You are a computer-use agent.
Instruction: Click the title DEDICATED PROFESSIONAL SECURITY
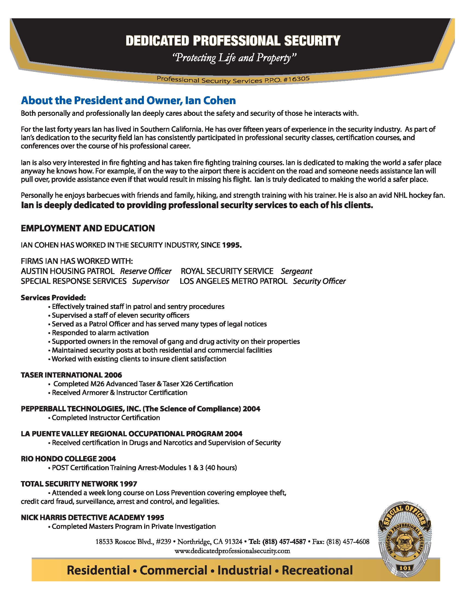coord(233,40)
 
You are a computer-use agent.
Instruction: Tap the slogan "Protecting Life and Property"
coord(234,58)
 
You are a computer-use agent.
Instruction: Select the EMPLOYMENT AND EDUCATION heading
coord(88,228)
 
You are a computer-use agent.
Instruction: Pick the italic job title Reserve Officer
coord(146,271)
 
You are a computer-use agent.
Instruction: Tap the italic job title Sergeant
coord(297,271)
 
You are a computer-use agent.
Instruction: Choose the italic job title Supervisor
coord(150,281)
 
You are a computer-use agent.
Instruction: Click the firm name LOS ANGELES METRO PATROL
coord(233,281)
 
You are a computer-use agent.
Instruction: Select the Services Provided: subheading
coord(53,298)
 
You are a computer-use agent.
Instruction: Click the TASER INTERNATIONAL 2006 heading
coord(71,375)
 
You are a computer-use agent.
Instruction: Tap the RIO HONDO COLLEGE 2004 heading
coord(68,459)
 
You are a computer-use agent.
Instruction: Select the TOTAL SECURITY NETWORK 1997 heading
coord(79,484)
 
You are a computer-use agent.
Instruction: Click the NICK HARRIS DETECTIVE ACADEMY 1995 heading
coord(92,518)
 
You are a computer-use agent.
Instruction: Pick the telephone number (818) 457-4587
coord(284,542)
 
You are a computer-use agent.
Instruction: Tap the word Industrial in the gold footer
coord(245,570)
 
